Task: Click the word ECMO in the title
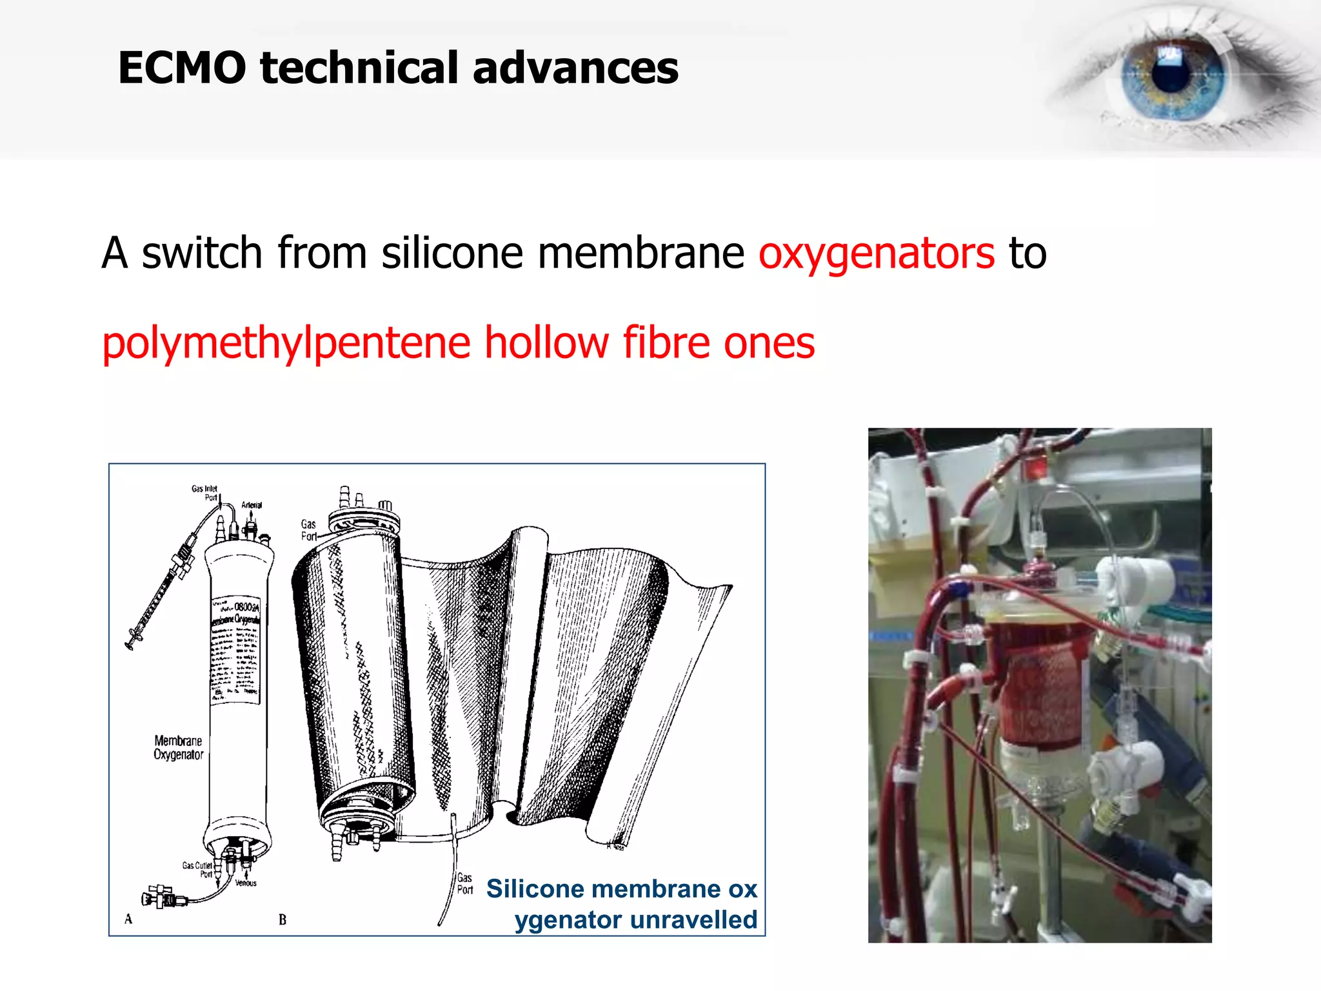click(x=182, y=68)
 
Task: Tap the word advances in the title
click(x=575, y=68)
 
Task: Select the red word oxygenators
click(x=877, y=254)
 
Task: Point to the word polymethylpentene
click(x=286, y=343)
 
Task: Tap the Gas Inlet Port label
click(x=205, y=493)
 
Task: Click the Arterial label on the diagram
click(x=252, y=505)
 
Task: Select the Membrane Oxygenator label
click(x=178, y=748)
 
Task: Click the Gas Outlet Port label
click(x=197, y=870)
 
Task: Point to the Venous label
click(x=246, y=883)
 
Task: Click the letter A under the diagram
click(x=128, y=919)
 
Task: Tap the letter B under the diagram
click(x=283, y=920)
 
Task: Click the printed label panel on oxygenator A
click(x=235, y=648)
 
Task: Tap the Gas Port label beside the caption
click(x=465, y=883)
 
